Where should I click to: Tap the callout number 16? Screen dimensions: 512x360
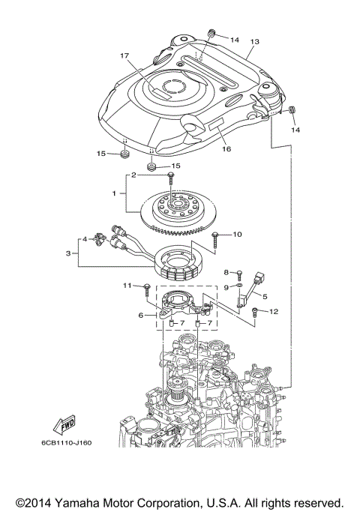pos(225,148)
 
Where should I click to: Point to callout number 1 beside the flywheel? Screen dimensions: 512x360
pos(114,193)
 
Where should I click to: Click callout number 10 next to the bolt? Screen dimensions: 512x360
pos(237,235)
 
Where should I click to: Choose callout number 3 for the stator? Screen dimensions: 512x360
pos(70,253)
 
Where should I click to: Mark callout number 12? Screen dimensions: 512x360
pos(274,311)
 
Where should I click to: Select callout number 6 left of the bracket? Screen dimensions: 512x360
pos(140,316)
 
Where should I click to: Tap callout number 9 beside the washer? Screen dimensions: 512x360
pos(226,287)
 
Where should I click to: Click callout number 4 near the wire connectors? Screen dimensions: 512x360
pos(86,239)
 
